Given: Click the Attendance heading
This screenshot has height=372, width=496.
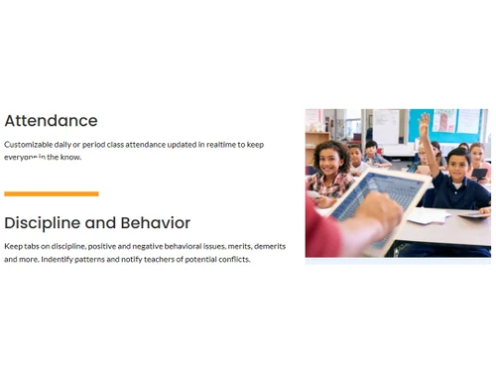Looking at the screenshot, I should (51, 121).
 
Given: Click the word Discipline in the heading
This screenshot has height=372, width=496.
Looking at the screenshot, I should (44, 222).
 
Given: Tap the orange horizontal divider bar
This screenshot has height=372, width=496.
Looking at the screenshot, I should (52, 193).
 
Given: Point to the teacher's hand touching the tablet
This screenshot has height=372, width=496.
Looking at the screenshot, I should (382, 208).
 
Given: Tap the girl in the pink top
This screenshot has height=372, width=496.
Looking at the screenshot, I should (478, 159).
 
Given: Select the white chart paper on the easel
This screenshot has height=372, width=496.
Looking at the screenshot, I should (386, 126).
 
